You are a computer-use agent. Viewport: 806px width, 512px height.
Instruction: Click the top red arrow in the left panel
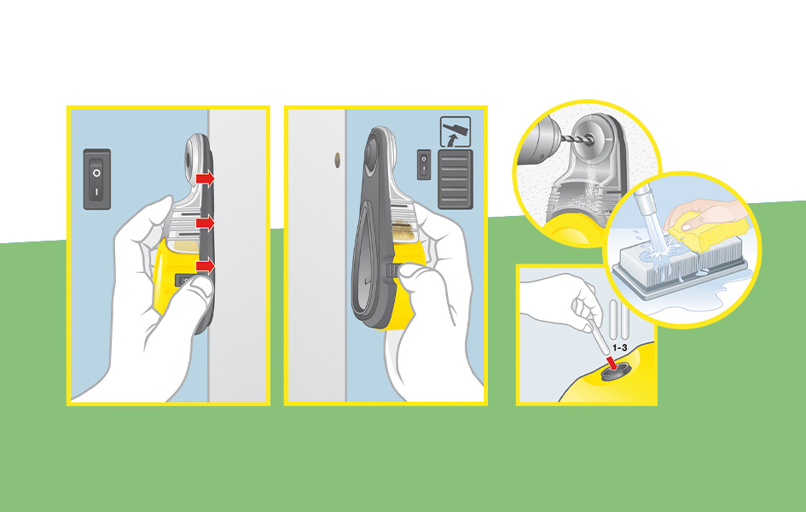click(205, 178)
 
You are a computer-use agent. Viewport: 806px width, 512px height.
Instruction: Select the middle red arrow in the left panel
click(205, 223)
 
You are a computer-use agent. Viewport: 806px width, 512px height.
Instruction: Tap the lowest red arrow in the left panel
click(205, 265)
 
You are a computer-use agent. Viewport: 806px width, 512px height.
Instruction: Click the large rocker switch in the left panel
click(97, 179)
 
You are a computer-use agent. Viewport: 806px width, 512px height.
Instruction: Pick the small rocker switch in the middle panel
click(424, 165)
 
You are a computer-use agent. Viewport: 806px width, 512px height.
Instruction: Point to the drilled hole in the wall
click(337, 160)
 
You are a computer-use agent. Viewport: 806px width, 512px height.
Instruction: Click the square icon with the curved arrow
click(455, 131)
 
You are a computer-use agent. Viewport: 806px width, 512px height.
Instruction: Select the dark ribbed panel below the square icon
click(455, 179)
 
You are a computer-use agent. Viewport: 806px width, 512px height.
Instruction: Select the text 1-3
click(620, 348)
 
